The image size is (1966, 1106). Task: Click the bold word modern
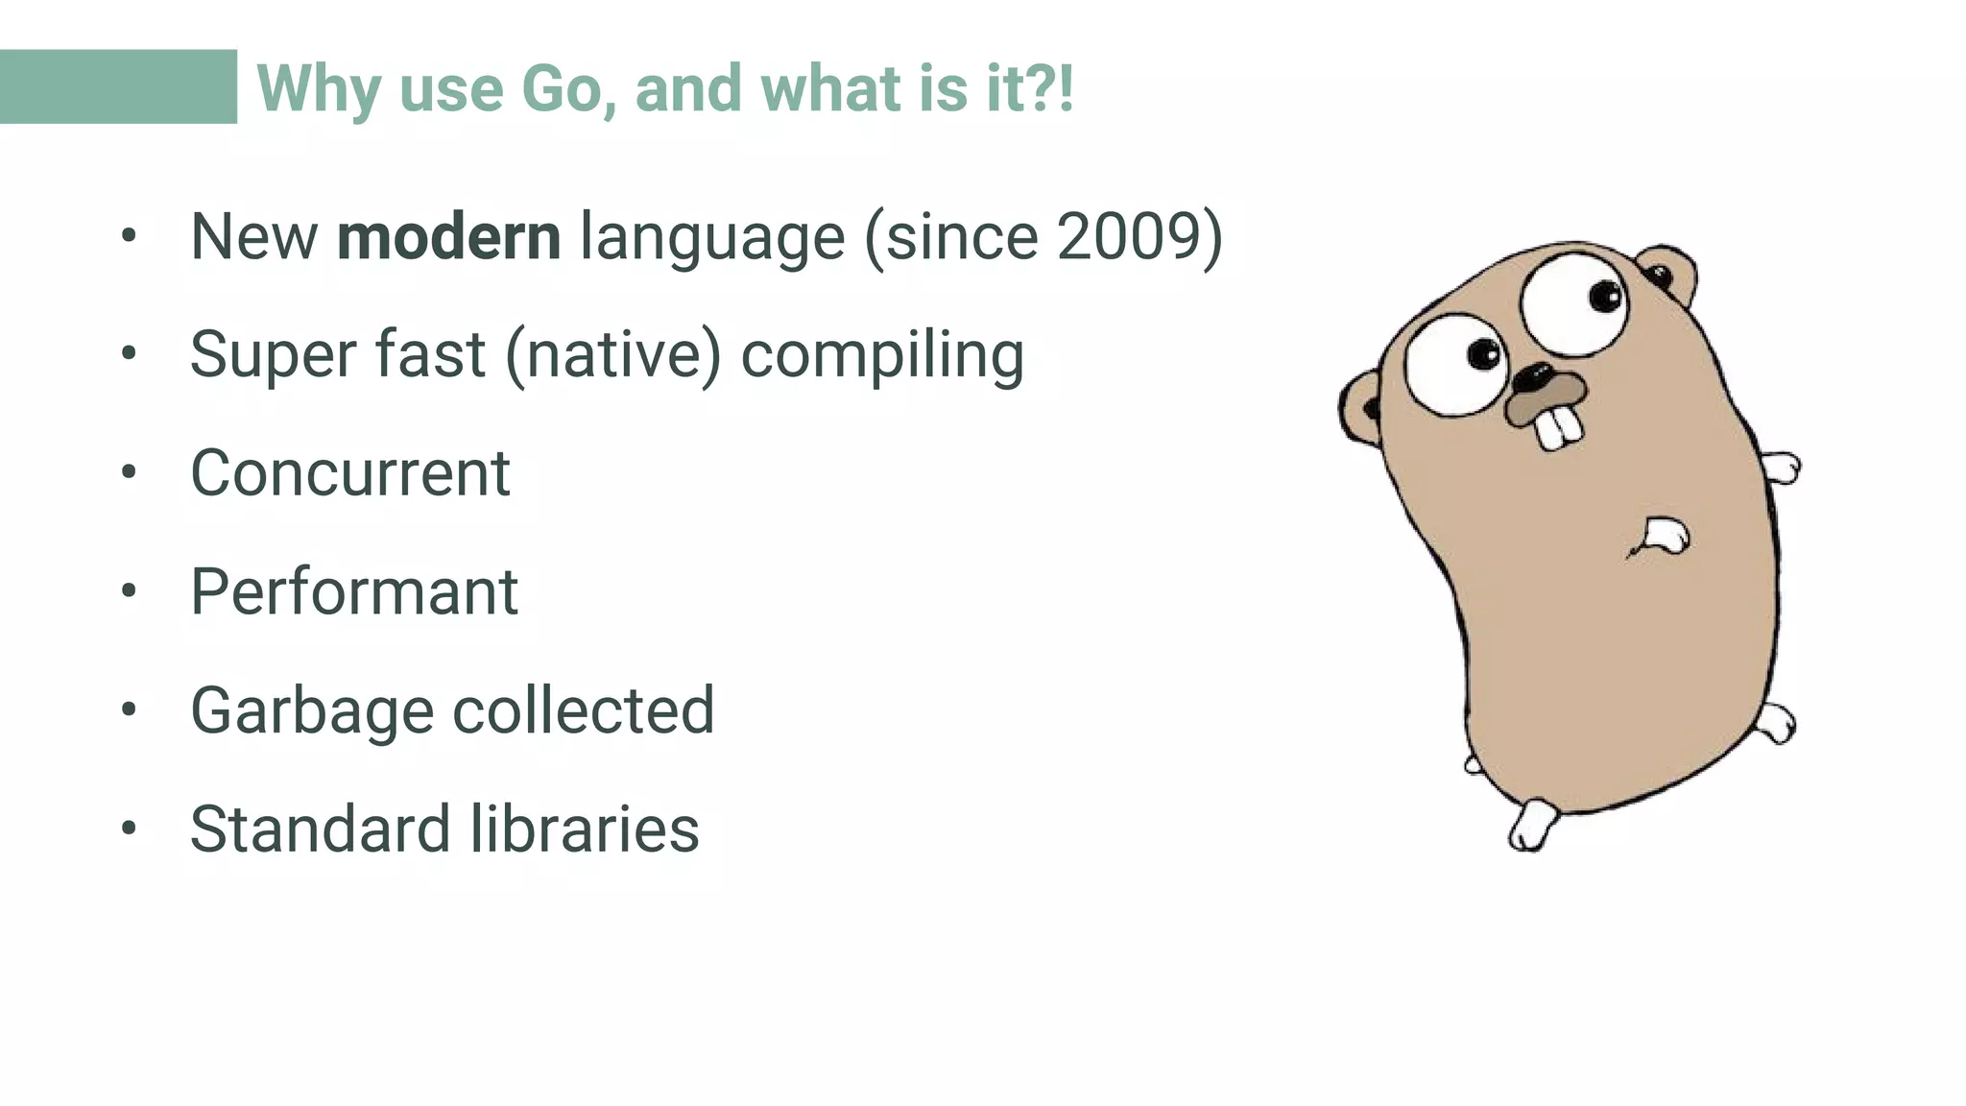click(x=448, y=236)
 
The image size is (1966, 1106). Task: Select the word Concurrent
click(x=349, y=473)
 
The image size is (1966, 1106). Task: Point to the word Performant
click(x=354, y=591)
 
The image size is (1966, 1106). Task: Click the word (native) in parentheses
click(x=612, y=355)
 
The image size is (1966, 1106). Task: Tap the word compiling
click(x=882, y=355)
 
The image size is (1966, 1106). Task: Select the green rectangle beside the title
click(x=118, y=86)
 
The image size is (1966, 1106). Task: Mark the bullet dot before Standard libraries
click(x=130, y=827)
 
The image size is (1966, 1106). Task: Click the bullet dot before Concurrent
click(x=130, y=471)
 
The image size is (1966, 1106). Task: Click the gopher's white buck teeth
click(x=1558, y=428)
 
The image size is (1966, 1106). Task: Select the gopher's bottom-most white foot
click(x=1531, y=825)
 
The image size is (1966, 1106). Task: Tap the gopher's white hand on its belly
click(x=1666, y=534)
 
